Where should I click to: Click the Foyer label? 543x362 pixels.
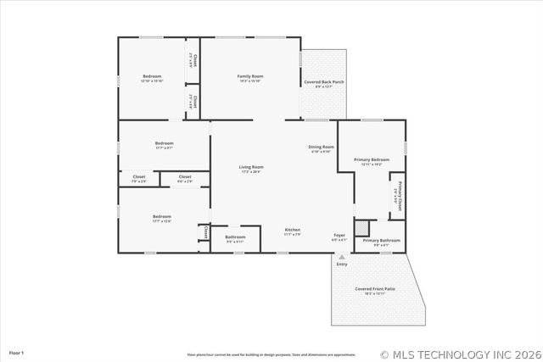[x=339, y=237]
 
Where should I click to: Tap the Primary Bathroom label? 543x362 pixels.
[x=381, y=241]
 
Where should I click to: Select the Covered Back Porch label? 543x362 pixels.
[x=324, y=82]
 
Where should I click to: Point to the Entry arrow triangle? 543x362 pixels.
[x=342, y=257]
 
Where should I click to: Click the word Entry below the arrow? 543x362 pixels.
[x=342, y=265]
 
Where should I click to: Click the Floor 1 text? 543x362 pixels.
[x=16, y=352]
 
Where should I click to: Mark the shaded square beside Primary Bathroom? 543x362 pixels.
[x=363, y=227]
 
